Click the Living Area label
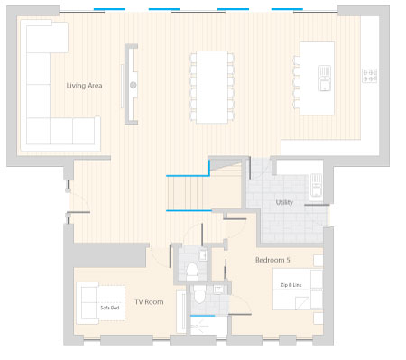(84, 86)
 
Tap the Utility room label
(284, 202)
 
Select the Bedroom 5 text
(272, 260)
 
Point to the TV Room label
(149, 301)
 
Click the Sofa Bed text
(110, 308)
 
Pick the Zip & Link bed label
(291, 285)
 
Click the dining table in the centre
(212, 87)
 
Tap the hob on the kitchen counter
(370, 76)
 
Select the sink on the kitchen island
(325, 78)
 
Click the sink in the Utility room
(316, 185)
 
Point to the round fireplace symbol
(134, 85)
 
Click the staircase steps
(188, 193)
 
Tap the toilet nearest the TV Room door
(192, 269)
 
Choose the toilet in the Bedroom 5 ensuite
(199, 294)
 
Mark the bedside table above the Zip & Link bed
(318, 261)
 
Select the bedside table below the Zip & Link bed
(318, 318)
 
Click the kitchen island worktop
(317, 78)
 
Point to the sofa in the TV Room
(88, 303)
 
